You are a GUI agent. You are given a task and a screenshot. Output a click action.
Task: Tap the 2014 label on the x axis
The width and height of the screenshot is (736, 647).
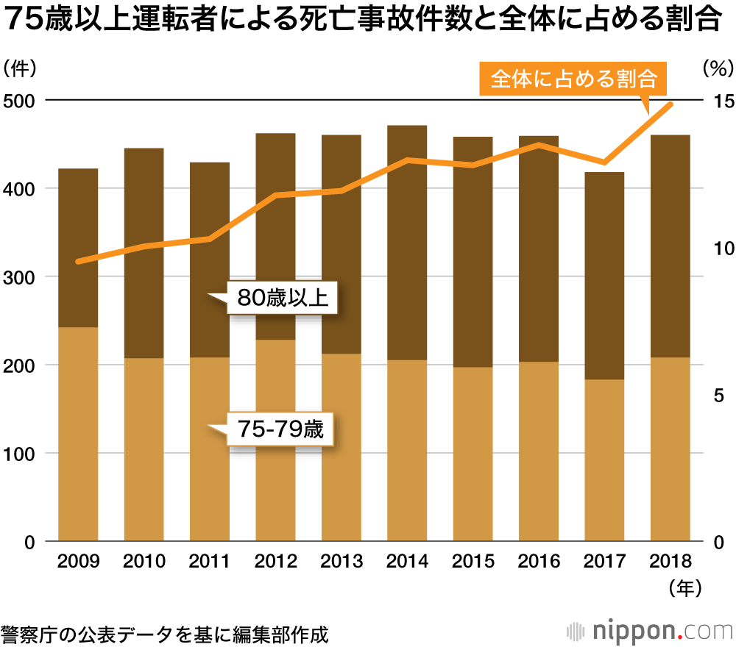coord(407,562)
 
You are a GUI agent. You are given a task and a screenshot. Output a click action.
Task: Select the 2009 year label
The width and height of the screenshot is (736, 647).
coord(78,562)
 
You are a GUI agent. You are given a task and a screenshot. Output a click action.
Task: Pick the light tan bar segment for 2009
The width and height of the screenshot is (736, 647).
coord(78,434)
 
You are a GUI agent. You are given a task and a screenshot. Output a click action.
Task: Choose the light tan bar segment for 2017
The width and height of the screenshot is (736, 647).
coord(604,460)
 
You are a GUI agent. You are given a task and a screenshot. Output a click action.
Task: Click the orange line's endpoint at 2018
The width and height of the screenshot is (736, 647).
coord(670,104)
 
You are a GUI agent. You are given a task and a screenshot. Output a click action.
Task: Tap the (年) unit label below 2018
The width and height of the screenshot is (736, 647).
coord(682,587)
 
